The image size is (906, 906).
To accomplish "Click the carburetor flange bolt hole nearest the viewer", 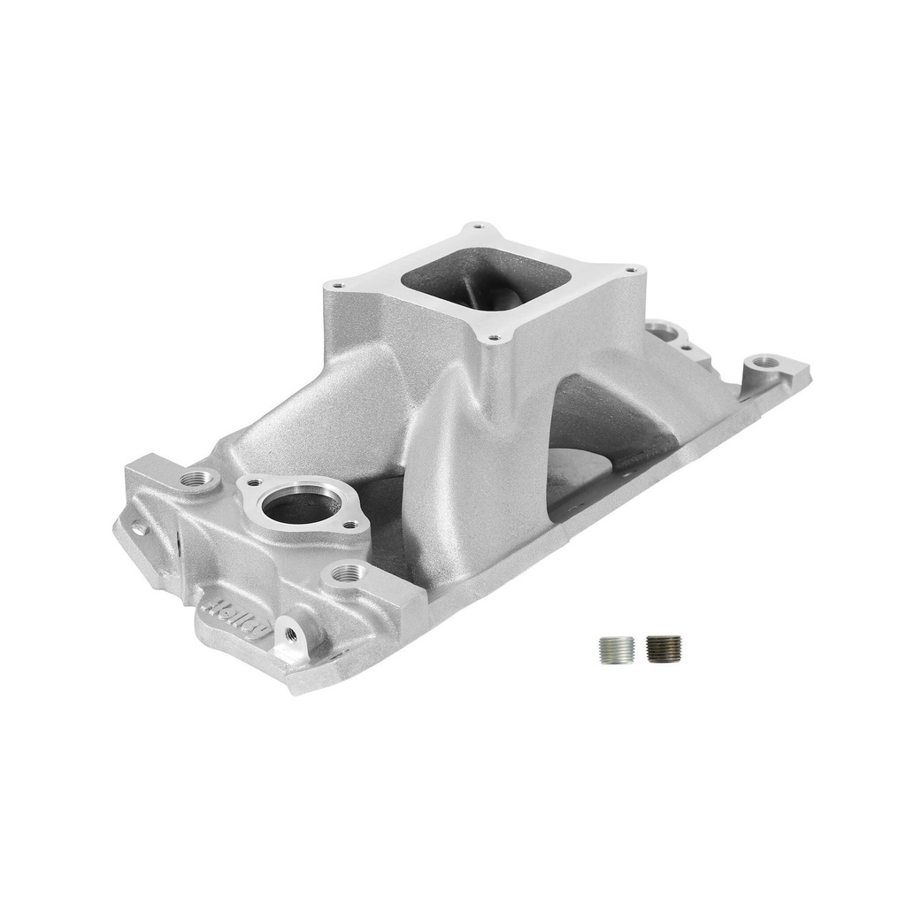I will [495, 337].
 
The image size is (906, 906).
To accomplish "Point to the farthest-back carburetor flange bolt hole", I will [479, 226].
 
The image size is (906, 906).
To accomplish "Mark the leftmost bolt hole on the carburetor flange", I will [336, 285].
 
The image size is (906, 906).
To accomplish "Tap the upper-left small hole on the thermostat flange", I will [254, 483].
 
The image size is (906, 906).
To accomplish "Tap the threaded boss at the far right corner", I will [764, 361].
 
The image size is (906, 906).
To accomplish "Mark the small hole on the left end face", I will [139, 529].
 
